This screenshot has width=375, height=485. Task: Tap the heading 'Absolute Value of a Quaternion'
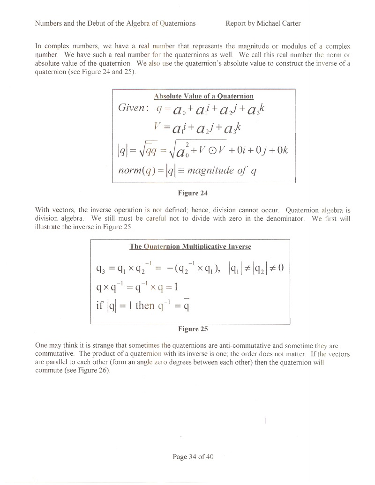pyautogui.click(x=203, y=97)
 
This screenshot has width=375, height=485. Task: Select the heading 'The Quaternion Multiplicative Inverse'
pyautogui.click(x=190, y=246)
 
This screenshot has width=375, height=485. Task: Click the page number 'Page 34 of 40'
pyautogui.click(x=193, y=457)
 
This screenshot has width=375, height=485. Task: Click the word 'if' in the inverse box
pyautogui.click(x=99, y=306)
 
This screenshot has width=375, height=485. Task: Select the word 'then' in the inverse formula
pyautogui.click(x=145, y=306)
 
